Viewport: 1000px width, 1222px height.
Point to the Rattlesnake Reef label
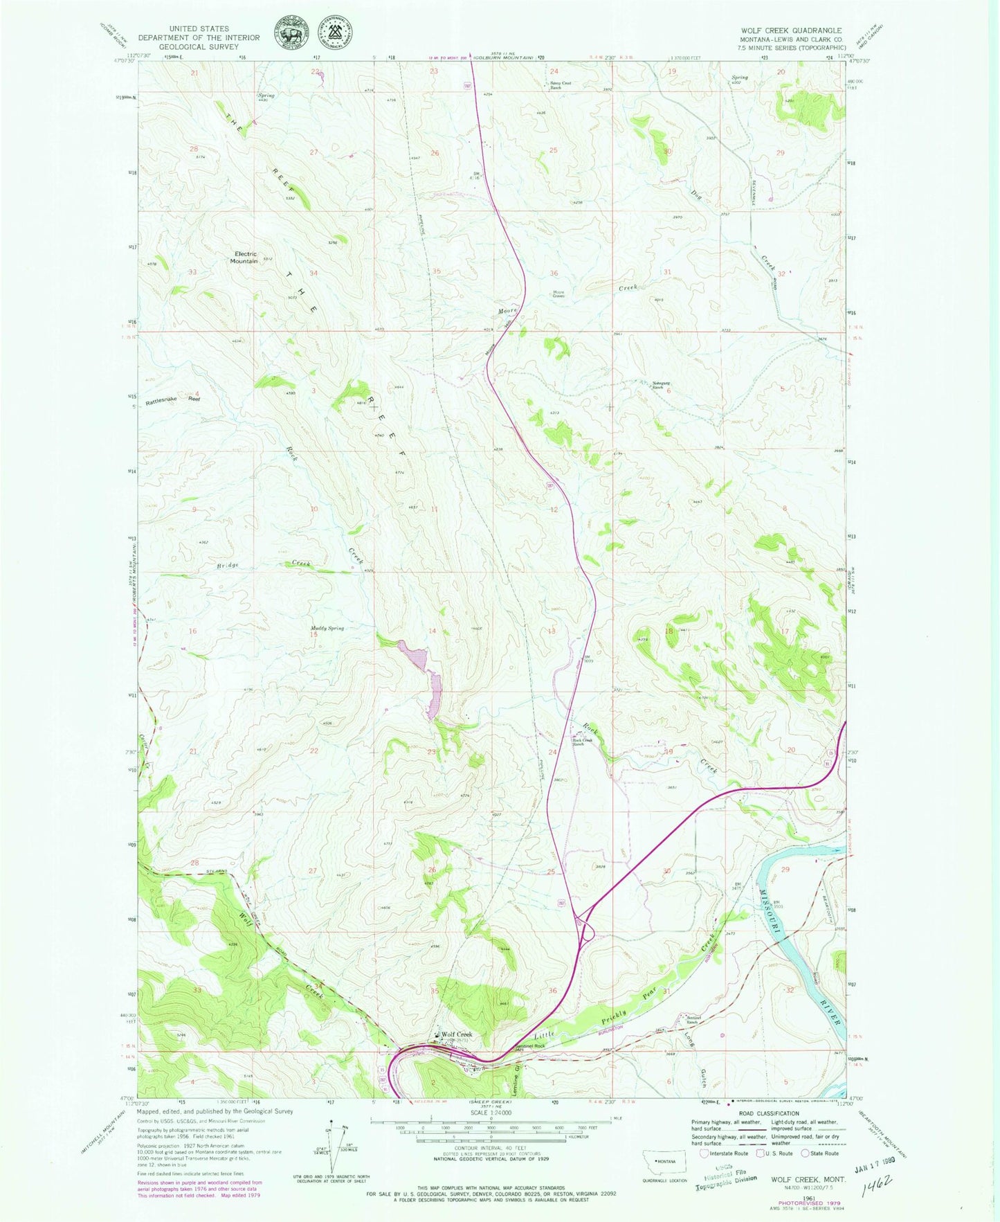(172, 400)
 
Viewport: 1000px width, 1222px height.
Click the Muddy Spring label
(327, 629)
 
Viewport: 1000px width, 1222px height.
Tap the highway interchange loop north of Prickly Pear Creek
(584, 926)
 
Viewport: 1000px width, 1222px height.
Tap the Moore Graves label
(558, 294)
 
